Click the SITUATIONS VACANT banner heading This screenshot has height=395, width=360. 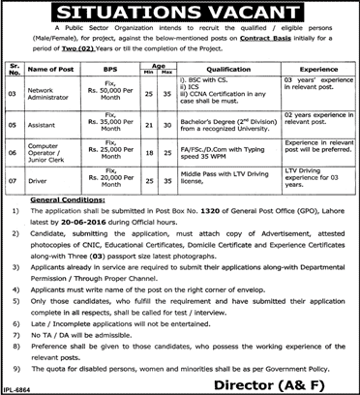[180, 15]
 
